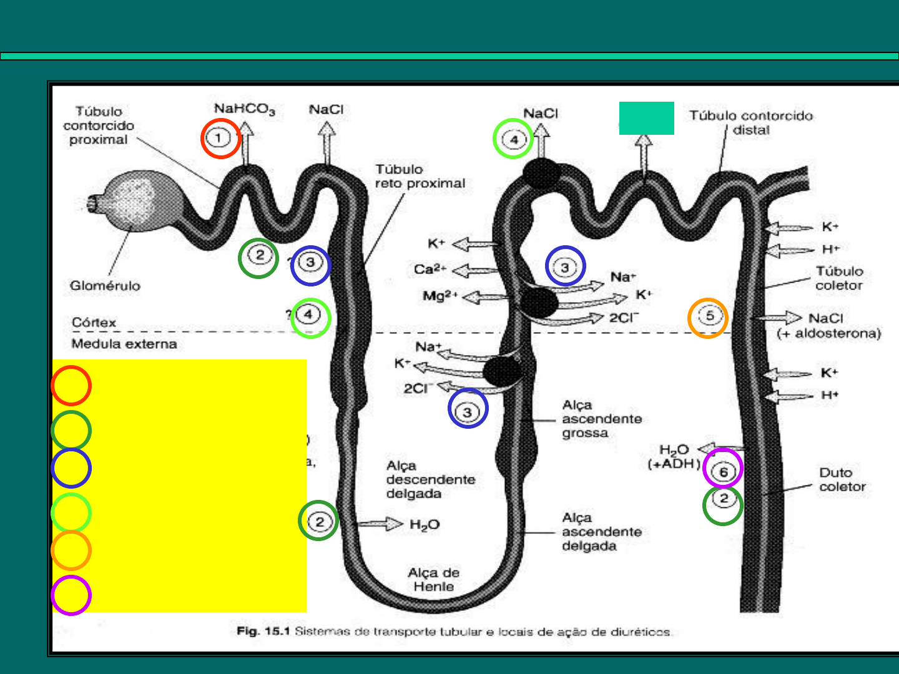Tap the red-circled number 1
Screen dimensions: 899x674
point(220,138)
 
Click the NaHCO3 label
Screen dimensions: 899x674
point(244,109)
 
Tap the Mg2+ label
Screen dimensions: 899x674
point(440,296)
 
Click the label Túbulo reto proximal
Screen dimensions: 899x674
point(420,177)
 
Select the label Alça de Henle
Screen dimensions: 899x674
point(433,580)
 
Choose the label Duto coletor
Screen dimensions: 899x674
point(842,479)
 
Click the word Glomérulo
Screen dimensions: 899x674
point(105,286)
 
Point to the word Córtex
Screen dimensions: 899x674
point(94,323)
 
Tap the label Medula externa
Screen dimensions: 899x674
point(124,344)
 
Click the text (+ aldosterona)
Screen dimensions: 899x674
point(828,333)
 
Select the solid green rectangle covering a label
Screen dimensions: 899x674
point(646,118)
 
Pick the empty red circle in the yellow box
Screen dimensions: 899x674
point(71,386)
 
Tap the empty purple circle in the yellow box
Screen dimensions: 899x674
point(71,595)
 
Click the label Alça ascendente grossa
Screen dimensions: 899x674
point(601,419)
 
